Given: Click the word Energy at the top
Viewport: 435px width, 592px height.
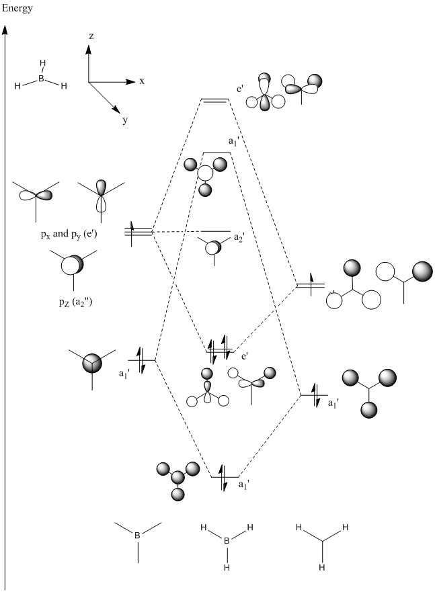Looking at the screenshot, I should click(x=16, y=9).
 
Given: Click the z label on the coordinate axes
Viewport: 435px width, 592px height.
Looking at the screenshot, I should click(x=90, y=36).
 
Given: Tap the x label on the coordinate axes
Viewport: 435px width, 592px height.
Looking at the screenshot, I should click(x=142, y=81).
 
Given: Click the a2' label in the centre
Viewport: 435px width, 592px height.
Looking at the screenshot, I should click(x=239, y=238).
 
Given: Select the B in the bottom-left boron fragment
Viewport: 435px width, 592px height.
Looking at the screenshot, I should click(x=138, y=536).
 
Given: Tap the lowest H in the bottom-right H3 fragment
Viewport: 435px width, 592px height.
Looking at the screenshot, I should click(x=322, y=568).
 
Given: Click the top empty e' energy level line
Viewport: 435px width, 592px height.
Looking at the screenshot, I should click(x=215, y=100).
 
